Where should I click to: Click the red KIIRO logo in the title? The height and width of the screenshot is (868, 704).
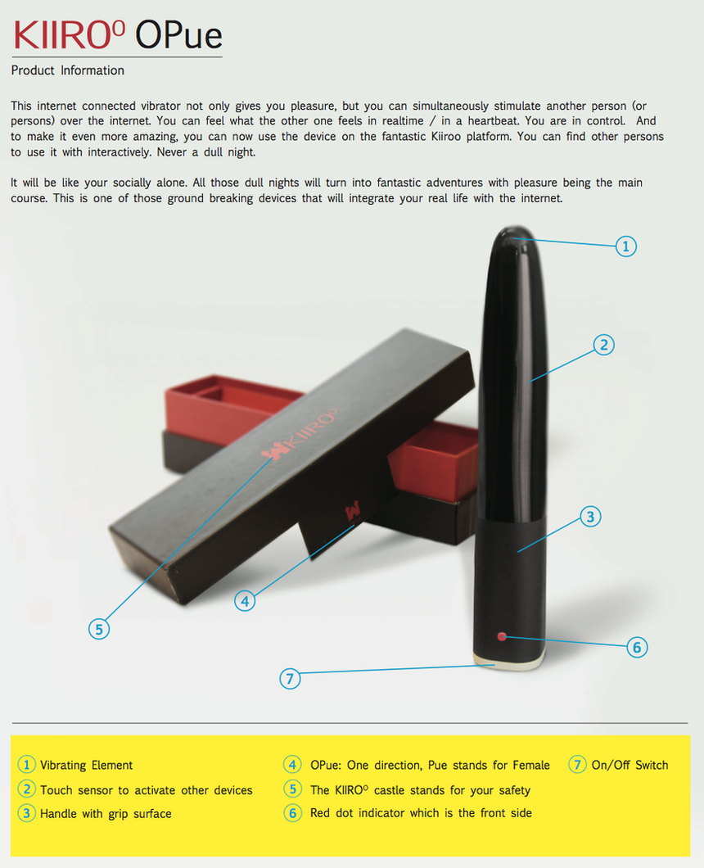(x=70, y=34)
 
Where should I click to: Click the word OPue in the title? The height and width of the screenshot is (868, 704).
(x=178, y=34)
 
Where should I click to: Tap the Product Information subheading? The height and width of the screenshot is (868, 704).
(x=67, y=70)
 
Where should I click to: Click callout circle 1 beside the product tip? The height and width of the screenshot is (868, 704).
(x=626, y=246)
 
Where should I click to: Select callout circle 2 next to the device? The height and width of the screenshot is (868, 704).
(x=604, y=345)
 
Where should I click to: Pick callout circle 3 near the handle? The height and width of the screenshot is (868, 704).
(x=590, y=517)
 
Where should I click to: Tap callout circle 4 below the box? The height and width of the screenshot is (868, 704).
(x=245, y=600)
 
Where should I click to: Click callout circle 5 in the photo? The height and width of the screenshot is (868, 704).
(x=99, y=629)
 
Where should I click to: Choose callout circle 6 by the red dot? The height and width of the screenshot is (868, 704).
(x=637, y=647)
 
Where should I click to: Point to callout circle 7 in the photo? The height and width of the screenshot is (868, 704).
(x=290, y=678)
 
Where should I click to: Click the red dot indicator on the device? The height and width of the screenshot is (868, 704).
(x=502, y=636)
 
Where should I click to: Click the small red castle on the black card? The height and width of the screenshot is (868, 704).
(x=353, y=510)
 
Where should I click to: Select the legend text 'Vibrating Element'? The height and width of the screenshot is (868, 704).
(x=86, y=765)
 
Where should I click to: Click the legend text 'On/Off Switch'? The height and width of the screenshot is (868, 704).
(x=630, y=765)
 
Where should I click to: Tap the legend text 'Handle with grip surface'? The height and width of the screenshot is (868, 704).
(x=106, y=814)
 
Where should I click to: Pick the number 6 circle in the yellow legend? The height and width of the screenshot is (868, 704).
(x=293, y=812)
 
